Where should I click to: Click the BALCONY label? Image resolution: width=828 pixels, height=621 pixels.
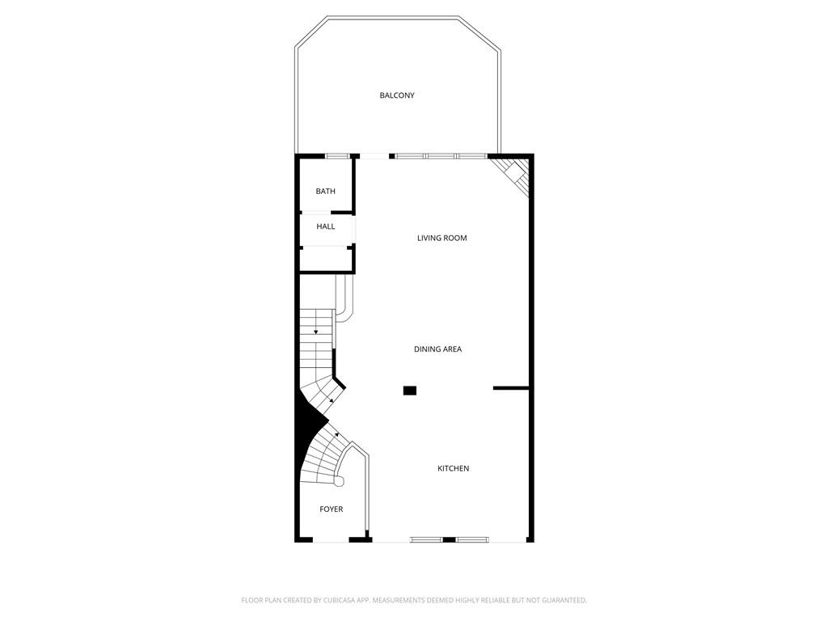(397, 95)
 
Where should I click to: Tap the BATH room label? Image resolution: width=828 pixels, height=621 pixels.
(325, 192)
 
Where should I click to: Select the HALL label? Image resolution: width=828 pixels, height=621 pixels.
(325, 226)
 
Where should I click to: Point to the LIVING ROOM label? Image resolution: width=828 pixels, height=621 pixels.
(441, 239)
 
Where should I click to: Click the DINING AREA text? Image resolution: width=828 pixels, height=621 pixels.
(437, 349)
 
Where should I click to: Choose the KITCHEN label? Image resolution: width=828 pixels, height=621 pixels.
(453, 469)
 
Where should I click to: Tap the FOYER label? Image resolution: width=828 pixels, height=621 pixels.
(331, 509)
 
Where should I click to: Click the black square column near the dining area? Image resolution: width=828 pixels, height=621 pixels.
(410, 391)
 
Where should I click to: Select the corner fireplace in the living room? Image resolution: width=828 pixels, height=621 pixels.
(513, 175)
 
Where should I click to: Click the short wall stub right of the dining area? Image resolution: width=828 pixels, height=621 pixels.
(511, 388)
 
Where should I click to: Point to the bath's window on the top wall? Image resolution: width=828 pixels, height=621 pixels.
(337, 155)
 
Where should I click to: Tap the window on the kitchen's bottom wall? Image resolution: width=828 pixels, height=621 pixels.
(449, 539)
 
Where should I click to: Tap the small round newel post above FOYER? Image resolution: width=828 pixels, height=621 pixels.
(339, 482)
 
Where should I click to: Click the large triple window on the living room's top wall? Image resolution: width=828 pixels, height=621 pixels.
(441, 155)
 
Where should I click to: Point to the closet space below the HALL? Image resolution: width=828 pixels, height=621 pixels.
(325, 259)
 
